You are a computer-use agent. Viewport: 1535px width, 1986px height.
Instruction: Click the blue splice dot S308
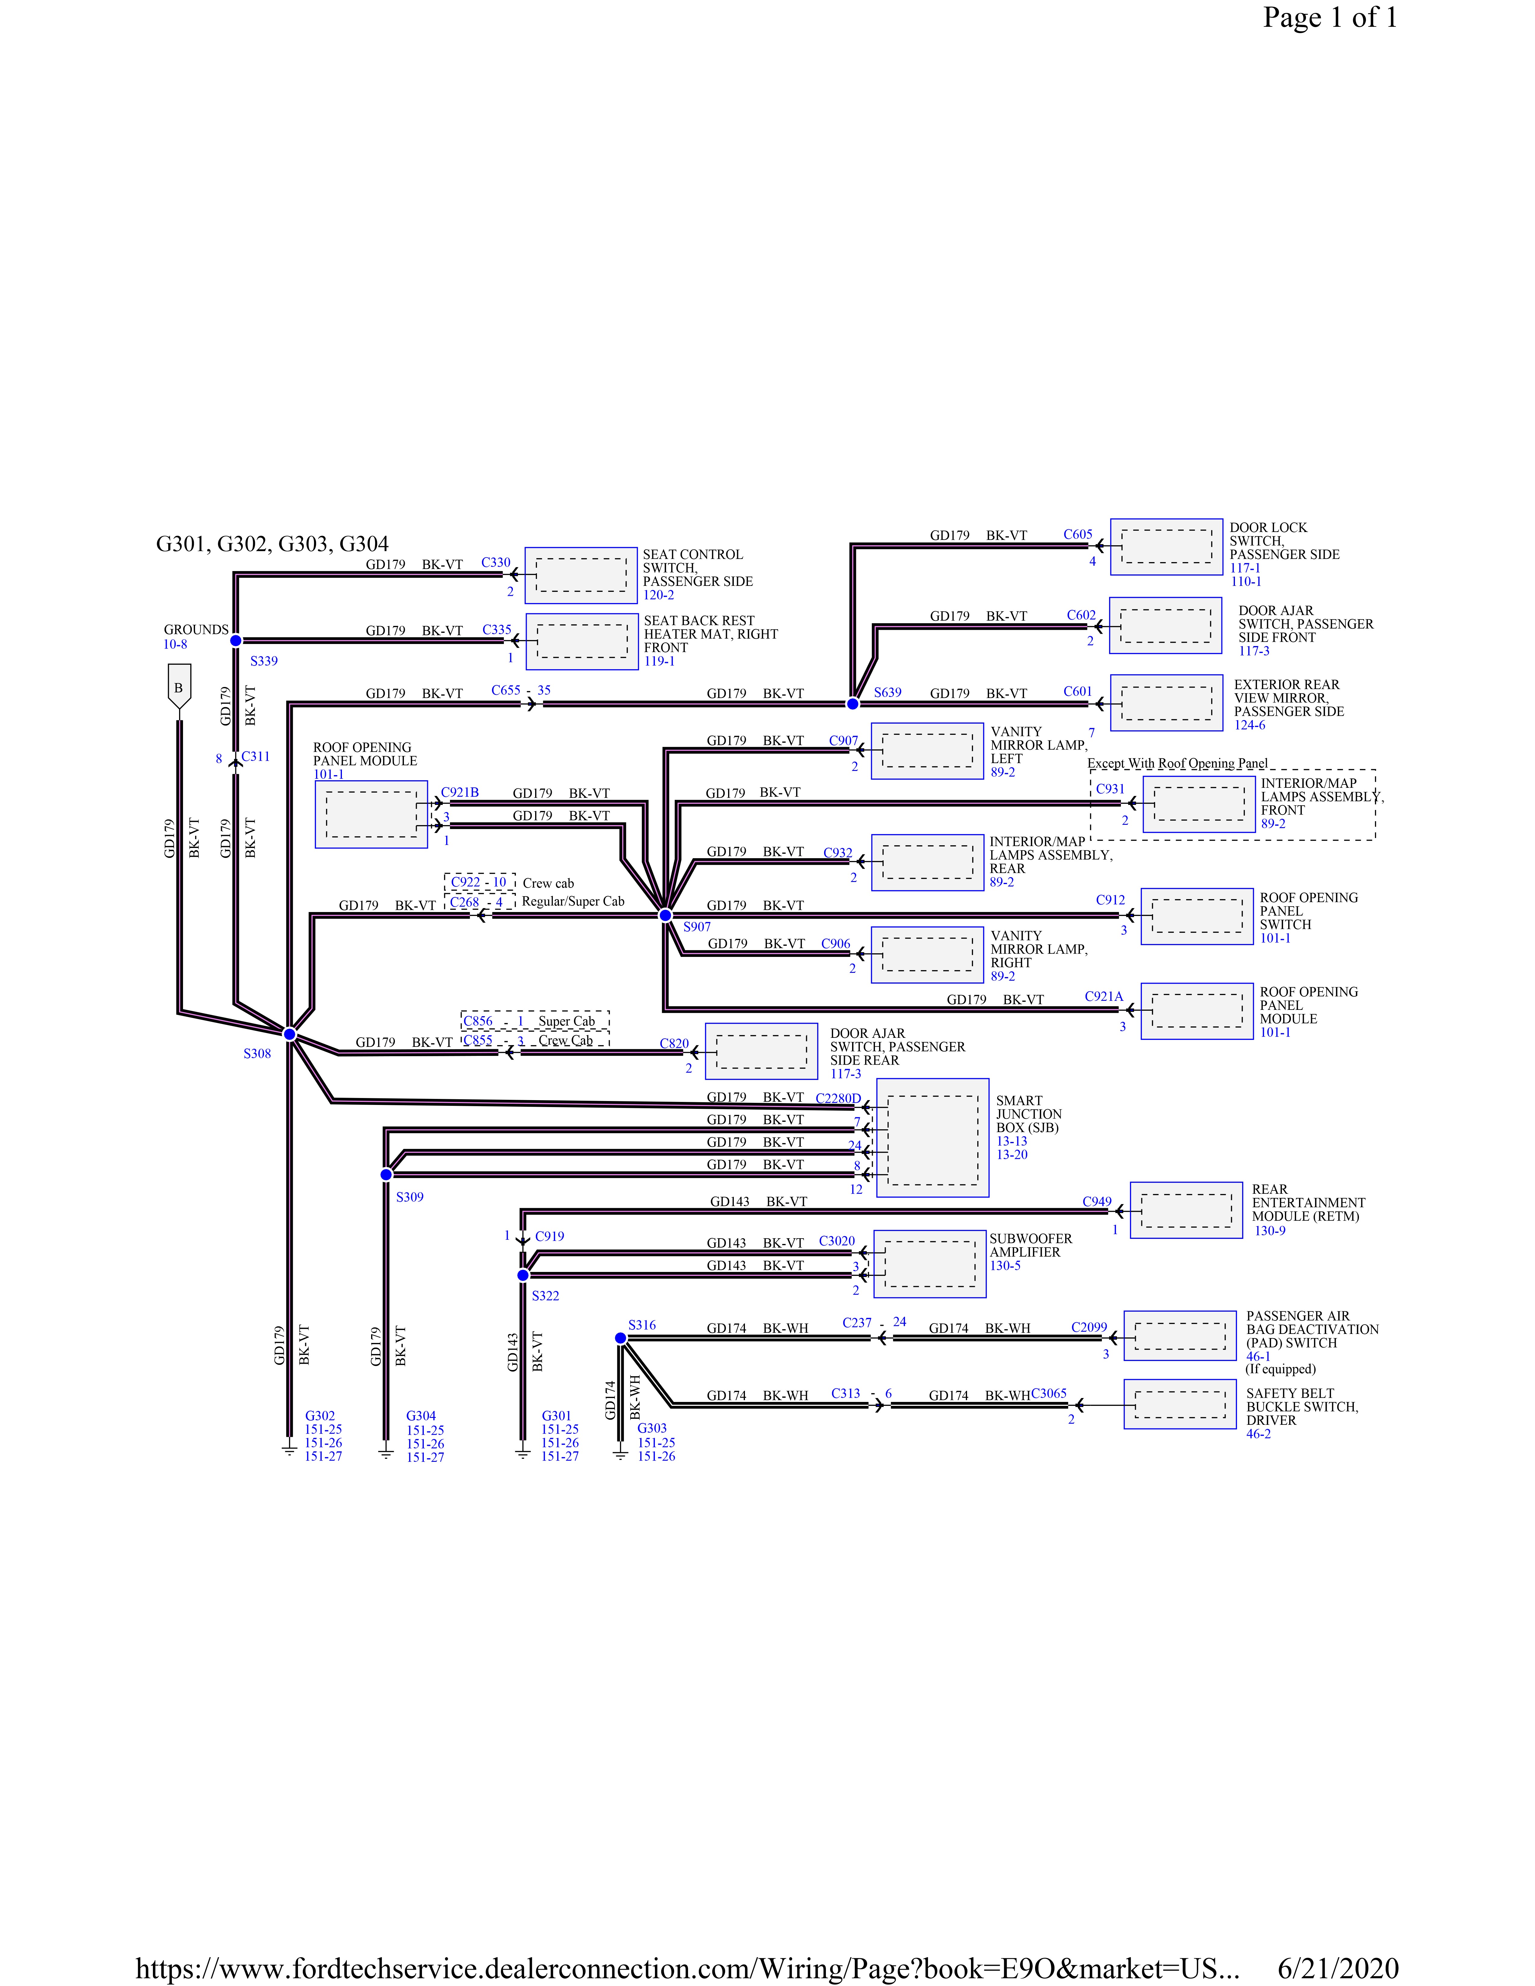click(x=289, y=1034)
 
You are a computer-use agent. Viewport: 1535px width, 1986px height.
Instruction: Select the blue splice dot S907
click(x=665, y=915)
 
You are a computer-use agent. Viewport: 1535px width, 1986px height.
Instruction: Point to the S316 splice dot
click(x=620, y=1338)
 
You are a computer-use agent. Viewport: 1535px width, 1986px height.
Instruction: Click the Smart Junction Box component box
click(x=932, y=1137)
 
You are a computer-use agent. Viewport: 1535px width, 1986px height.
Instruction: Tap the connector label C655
click(x=506, y=690)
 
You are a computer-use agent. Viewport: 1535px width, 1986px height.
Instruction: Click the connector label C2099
click(x=1089, y=1327)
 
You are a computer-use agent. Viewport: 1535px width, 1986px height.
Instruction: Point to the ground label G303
click(x=652, y=1428)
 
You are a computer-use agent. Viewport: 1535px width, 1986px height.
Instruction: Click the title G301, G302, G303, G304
click(x=273, y=544)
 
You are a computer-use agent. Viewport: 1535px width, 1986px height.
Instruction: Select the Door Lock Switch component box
click(x=1167, y=546)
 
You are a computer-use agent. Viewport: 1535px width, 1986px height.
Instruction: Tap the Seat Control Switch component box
click(x=581, y=576)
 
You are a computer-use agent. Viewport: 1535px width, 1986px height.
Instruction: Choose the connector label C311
click(x=256, y=756)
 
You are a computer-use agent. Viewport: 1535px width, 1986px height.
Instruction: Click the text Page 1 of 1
click(x=1329, y=17)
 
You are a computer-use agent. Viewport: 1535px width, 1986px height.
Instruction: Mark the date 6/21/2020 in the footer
click(x=1338, y=1969)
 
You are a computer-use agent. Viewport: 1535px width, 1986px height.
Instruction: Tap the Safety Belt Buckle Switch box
click(x=1180, y=1404)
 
